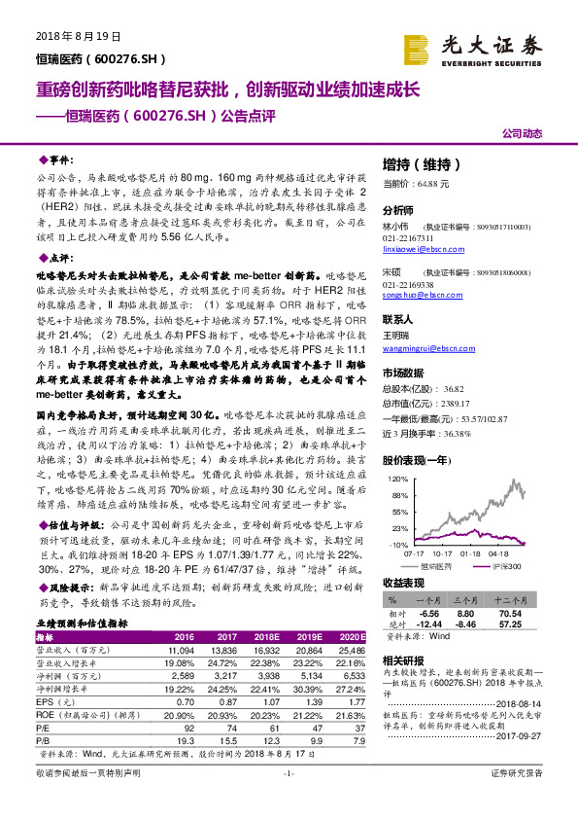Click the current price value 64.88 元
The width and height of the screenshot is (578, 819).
(x=429, y=183)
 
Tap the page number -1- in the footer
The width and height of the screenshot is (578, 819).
(x=289, y=800)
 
